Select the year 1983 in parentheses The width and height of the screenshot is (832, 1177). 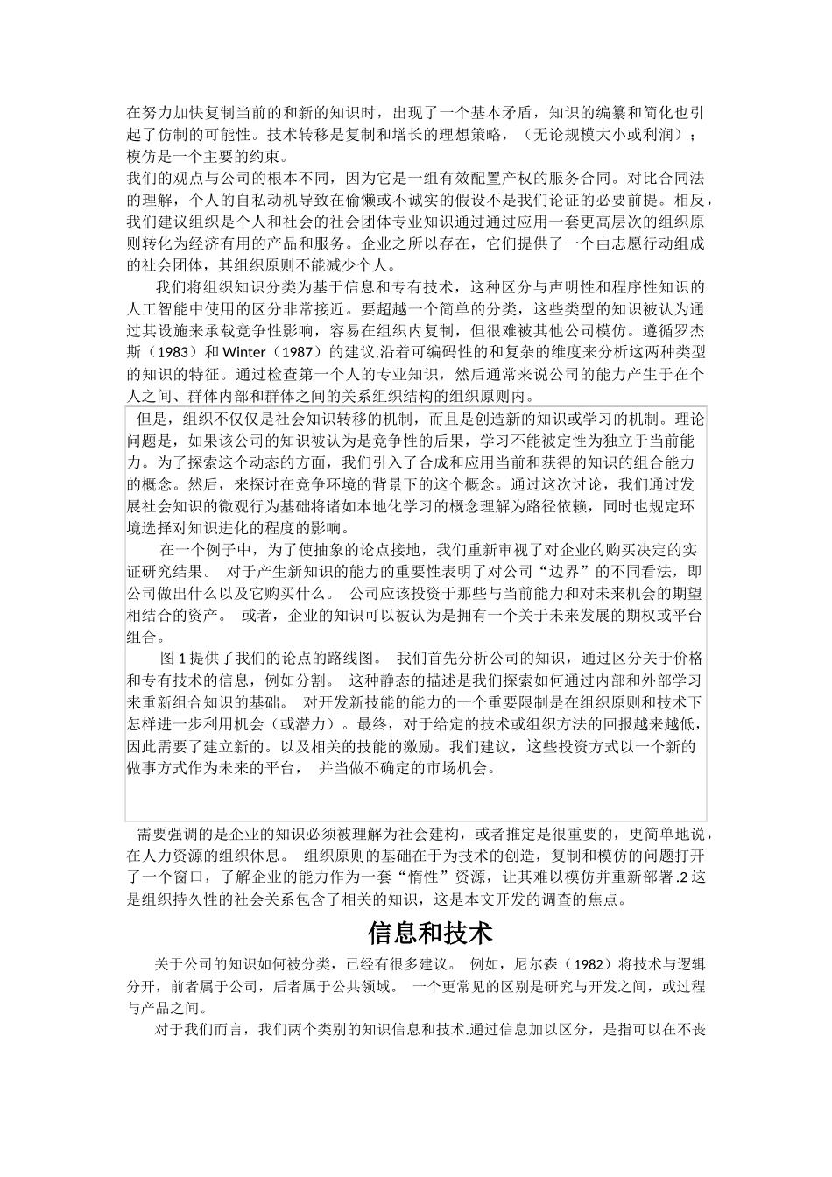166,352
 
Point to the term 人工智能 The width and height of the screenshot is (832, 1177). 157,308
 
